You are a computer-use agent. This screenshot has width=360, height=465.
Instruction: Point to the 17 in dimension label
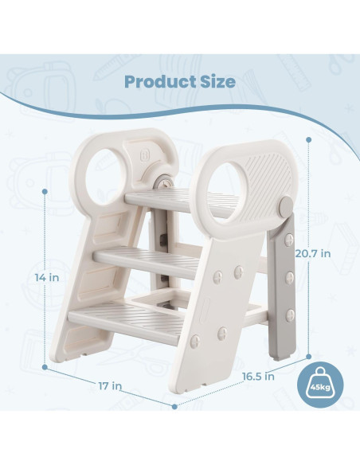[x=112, y=386]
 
